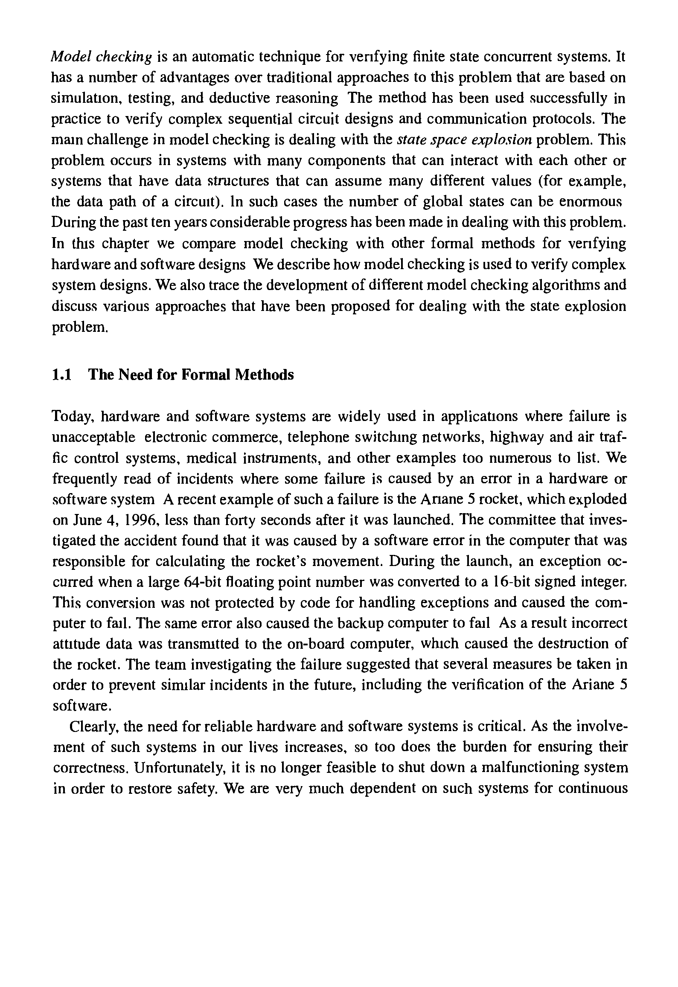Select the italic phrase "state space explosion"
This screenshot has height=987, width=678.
[x=465, y=140]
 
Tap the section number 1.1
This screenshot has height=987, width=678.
[x=61, y=374]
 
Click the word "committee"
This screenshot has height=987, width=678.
[x=505, y=520]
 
